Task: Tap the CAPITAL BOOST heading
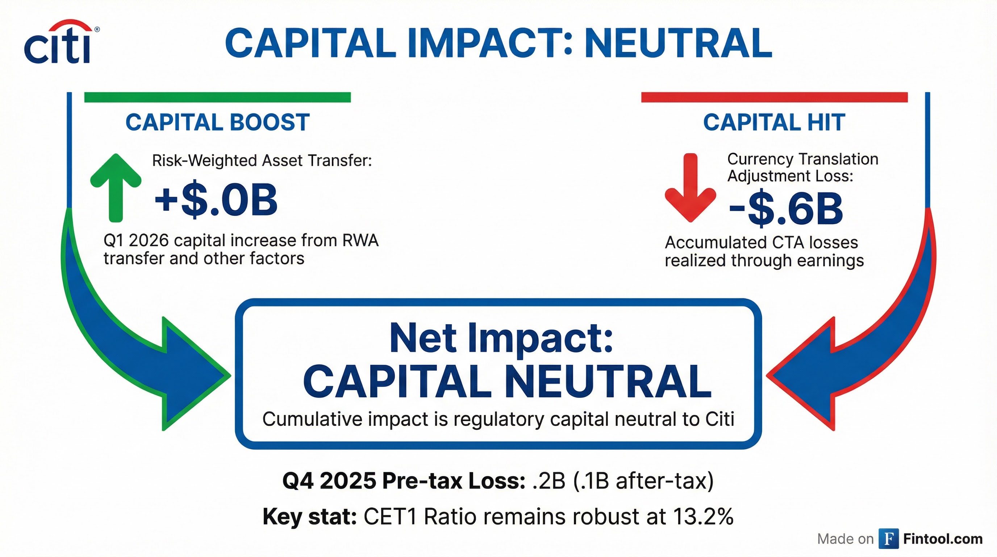tap(217, 123)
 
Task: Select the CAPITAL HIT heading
tap(774, 123)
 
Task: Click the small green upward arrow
tap(116, 187)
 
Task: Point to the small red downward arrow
tap(691, 188)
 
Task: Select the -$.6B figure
tap(786, 210)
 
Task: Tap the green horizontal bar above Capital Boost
tap(217, 97)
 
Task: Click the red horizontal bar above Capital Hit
tap(774, 97)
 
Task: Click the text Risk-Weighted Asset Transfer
tap(262, 160)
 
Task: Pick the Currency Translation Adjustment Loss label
tap(802, 167)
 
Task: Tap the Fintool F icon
tap(889, 539)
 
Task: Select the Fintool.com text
tap(943, 539)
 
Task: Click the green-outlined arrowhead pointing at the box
tap(193, 375)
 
